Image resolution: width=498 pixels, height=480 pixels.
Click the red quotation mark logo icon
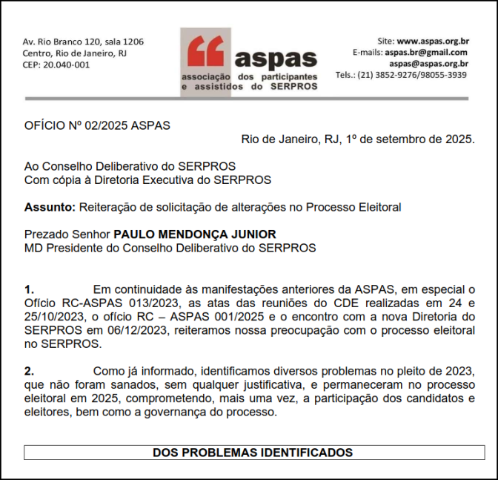pos(205,51)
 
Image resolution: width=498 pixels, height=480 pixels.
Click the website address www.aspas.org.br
pos(433,42)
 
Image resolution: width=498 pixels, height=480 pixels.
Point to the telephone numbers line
pos(401,75)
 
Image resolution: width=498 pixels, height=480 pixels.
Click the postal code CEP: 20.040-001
pos(56,65)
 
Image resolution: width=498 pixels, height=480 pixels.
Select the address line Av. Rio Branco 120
pos(83,42)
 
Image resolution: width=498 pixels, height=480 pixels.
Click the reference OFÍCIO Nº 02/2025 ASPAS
pos(97,125)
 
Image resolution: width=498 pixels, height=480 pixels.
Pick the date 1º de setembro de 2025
pos(410,139)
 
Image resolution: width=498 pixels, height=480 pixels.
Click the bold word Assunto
pos(48,207)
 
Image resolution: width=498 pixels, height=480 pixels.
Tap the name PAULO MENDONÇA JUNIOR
pos(195,234)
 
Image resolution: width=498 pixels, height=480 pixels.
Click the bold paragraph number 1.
pos(29,289)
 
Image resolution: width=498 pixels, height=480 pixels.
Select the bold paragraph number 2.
pos(29,370)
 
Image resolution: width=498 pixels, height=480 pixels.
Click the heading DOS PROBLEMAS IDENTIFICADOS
pos(253,452)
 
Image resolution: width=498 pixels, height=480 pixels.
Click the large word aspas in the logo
pos(276,59)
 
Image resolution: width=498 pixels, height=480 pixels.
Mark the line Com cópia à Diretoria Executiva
pos(147,180)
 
